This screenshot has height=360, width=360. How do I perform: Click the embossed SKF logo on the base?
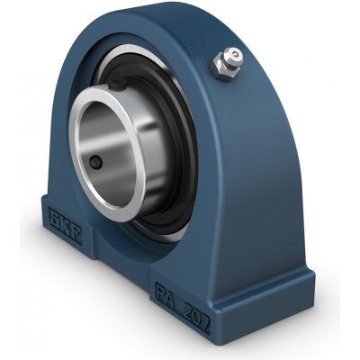pyautogui.click(x=65, y=223)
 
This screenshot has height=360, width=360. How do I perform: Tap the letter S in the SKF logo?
pyautogui.click(x=54, y=217)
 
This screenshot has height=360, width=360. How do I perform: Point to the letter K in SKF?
pyautogui.click(x=65, y=224)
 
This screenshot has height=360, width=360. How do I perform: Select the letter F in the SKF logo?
pyautogui.click(x=76, y=230)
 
